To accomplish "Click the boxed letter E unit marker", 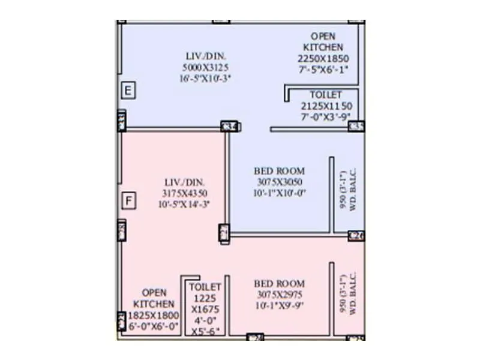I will click(128, 91).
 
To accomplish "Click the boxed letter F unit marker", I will click(128, 200).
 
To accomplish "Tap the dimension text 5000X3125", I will click(206, 67).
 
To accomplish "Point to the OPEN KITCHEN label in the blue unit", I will click(323, 41).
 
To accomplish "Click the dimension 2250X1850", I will click(323, 58).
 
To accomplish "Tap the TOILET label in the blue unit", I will click(326, 95).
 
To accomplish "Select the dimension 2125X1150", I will click(326, 106).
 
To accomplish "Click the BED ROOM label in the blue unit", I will click(279, 171).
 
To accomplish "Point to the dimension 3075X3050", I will click(279, 182).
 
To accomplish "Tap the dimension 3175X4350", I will click(185, 193).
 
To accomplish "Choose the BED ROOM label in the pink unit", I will click(279, 283).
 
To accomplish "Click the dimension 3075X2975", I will click(279, 294).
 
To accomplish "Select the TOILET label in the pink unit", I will click(205, 287).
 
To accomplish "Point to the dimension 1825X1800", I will click(154, 315).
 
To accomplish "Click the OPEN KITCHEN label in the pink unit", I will click(154, 299).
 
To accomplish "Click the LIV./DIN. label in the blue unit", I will click(206, 56).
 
